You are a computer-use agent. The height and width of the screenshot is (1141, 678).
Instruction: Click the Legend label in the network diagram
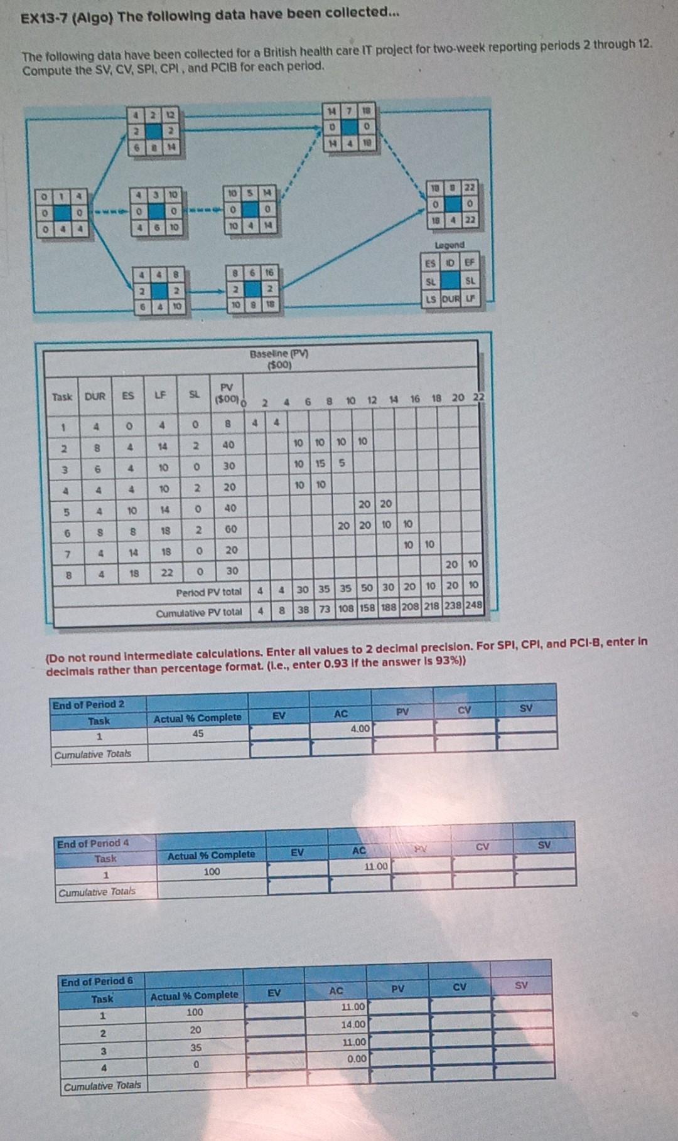point(449,245)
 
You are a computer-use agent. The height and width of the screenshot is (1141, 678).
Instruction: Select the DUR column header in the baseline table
point(95,396)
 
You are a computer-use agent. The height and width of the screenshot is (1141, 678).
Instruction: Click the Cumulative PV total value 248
point(474,605)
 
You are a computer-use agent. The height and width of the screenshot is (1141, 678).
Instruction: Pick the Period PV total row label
point(208,592)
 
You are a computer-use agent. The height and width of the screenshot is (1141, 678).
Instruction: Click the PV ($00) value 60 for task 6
point(230,529)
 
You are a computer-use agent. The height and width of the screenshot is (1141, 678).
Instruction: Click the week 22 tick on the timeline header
point(478,397)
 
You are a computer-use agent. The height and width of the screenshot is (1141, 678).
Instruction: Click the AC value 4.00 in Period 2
point(360,729)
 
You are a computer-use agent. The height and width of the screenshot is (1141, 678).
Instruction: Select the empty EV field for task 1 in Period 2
point(279,731)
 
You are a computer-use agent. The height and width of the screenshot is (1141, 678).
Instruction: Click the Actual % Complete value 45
point(198,733)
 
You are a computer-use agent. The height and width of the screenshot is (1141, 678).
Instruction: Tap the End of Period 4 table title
point(93,844)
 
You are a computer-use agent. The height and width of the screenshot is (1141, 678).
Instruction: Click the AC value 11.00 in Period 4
point(377,866)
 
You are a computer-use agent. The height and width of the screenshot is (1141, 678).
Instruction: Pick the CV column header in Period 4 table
point(482,847)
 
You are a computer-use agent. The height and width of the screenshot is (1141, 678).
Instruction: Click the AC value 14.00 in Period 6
point(353,1024)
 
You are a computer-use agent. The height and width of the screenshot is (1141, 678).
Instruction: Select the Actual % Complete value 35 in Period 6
point(196,1047)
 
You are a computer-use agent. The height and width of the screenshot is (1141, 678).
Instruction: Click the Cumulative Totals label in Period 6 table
point(102,1085)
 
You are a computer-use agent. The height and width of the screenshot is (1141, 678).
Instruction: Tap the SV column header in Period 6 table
point(521,985)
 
